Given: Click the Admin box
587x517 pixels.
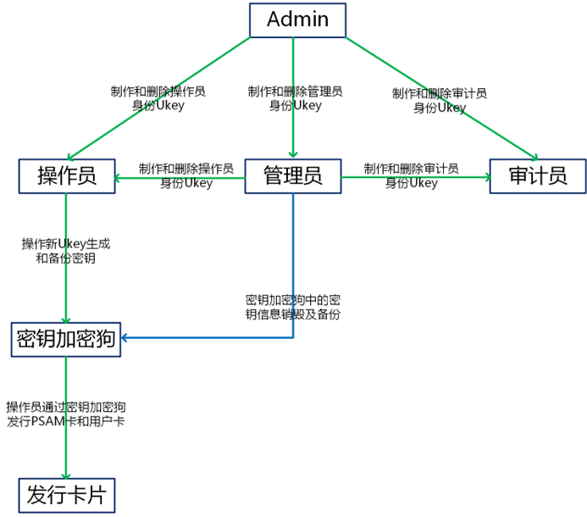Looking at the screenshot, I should coord(297,20).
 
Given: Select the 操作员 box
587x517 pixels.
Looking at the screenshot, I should coord(67,176).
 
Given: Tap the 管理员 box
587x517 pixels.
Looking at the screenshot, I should coord(293,176).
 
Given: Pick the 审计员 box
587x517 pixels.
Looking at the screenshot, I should coord(537,176).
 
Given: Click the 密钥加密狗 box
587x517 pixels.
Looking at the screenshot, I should coord(66,340).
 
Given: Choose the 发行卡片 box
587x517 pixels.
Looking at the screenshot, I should coord(66,495).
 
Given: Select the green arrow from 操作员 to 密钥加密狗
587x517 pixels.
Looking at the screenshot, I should coord(66,288).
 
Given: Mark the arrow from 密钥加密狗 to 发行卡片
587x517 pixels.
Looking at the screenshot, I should coord(66,449).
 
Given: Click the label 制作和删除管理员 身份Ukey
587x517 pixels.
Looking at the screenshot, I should coord(295,98).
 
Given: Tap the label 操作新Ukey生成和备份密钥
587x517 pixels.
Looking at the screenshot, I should coord(65,251).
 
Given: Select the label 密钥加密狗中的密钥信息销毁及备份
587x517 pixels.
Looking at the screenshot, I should coord(293,307).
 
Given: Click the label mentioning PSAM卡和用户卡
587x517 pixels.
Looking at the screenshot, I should coord(65,414).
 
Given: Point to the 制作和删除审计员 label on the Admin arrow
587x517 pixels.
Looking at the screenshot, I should coord(439,100).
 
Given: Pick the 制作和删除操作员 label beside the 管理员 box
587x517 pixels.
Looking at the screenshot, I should coord(186,175).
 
